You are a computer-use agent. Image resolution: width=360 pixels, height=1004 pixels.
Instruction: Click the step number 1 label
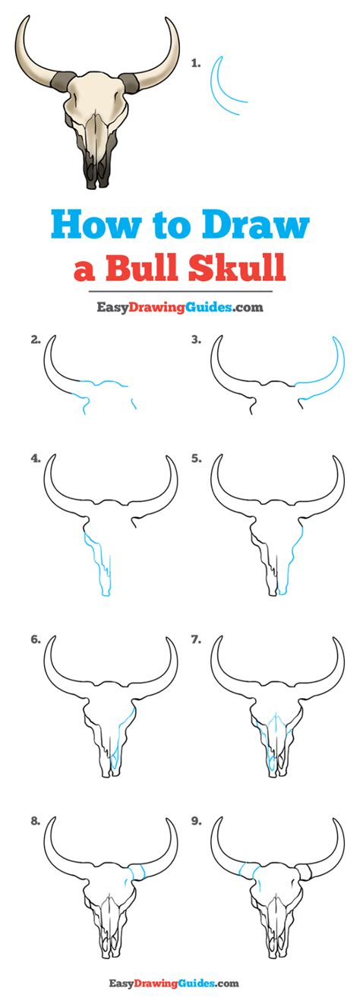(195, 63)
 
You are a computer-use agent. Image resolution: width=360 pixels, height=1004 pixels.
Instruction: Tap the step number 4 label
(36, 459)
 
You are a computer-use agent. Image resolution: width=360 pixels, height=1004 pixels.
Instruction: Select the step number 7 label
(196, 640)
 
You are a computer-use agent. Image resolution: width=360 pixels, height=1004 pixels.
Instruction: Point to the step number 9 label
(196, 821)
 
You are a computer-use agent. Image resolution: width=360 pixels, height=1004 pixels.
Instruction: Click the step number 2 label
(36, 340)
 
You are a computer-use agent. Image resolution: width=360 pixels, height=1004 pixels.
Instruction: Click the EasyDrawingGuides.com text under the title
(180, 307)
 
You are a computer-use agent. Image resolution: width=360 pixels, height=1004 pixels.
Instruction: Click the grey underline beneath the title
(180, 292)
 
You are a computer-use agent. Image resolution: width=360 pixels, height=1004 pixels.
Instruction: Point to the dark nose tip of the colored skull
(97, 172)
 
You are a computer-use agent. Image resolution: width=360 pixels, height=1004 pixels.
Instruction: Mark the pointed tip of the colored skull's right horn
(166, 18)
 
